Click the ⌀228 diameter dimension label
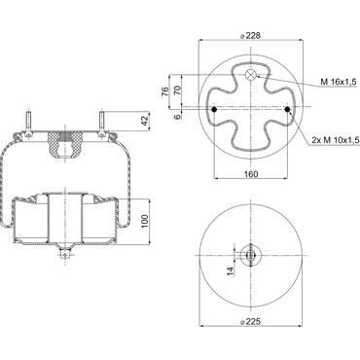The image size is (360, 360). click(x=251, y=36)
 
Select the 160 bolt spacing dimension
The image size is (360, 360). click(x=251, y=174)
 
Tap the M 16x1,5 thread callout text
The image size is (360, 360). click(x=339, y=82)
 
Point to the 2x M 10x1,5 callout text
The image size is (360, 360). click(x=336, y=140)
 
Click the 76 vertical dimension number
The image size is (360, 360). click(x=164, y=91)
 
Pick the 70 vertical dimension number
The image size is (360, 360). click(x=177, y=90)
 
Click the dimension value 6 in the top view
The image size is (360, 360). click(x=177, y=117)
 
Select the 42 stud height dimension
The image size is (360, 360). click(x=145, y=121)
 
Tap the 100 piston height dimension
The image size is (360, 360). click(x=145, y=221)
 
